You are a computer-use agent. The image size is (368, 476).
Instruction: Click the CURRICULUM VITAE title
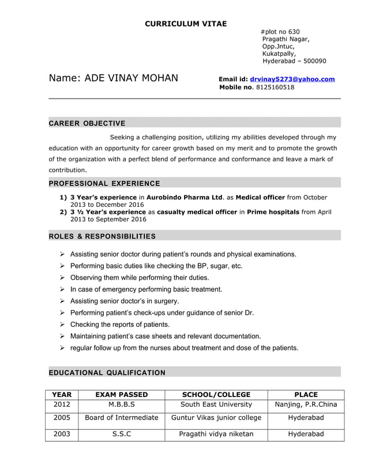pyautogui.click(x=185, y=24)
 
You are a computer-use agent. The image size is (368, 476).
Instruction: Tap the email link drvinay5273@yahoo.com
pyautogui.click(x=292, y=79)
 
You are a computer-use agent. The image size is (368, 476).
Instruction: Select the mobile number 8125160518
pyautogui.click(x=275, y=88)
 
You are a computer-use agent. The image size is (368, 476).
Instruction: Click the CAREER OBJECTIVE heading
pyautogui.click(x=87, y=123)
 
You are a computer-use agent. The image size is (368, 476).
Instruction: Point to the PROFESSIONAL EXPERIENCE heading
pyautogui.click(x=104, y=183)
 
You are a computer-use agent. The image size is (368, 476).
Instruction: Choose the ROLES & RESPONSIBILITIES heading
pyautogui.click(x=102, y=236)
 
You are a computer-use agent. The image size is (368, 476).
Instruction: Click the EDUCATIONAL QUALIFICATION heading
pyautogui.click(x=107, y=373)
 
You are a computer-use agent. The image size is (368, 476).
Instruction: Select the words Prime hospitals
pyautogui.click(x=273, y=212)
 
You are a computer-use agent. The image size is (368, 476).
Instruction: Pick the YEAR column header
pyautogui.click(x=62, y=395)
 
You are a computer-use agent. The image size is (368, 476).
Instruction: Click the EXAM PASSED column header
pyautogui.click(x=122, y=395)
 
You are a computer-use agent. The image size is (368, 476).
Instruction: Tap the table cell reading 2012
pyautogui.click(x=62, y=405)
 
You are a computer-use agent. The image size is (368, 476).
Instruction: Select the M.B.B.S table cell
pyautogui.click(x=122, y=405)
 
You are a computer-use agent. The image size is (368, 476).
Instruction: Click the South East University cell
pyautogui.click(x=216, y=405)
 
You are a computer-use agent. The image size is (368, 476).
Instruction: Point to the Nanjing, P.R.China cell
pyautogui.click(x=306, y=405)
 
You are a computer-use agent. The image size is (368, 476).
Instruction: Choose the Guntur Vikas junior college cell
pyautogui.click(x=216, y=418)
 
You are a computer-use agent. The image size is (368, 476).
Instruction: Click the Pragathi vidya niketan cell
pyautogui.click(x=216, y=434)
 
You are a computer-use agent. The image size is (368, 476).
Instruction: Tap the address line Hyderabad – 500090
pyautogui.click(x=294, y=61)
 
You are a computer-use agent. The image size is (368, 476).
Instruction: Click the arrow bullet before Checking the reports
pyautogui.click(x=62, y=324)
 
